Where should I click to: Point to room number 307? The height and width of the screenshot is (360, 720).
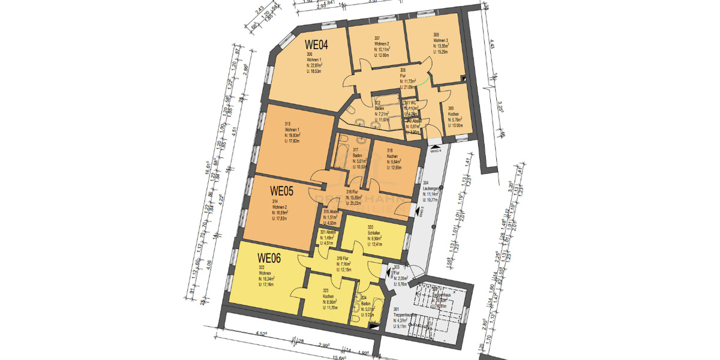377,38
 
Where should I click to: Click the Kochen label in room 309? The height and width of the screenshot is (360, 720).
454,114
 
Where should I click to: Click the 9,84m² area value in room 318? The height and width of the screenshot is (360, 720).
392,161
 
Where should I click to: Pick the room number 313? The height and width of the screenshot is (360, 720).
287,124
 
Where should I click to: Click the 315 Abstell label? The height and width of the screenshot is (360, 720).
332,212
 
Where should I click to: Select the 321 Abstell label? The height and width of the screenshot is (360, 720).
326,232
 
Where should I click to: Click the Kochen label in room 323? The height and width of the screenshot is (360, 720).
328,297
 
